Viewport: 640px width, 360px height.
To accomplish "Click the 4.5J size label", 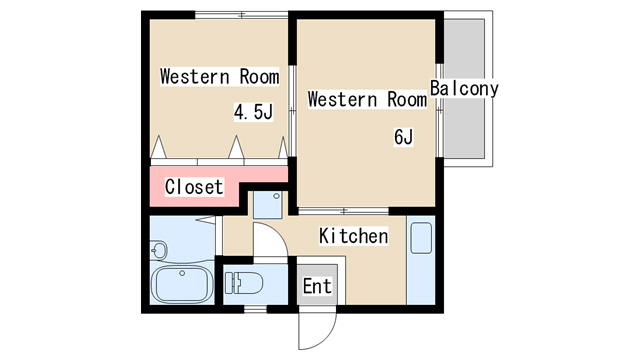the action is point(253,112).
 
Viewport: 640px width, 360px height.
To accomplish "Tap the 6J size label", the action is point(404,137).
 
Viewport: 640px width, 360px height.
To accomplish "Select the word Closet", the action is point(194,187).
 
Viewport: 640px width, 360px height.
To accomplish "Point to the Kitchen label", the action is point(353,236).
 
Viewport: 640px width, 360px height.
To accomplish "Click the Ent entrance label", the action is point(317,286).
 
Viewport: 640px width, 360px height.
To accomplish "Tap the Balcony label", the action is point(464,88).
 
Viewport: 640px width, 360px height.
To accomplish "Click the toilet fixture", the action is point(244,283).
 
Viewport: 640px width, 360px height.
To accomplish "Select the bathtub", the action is point(182,284).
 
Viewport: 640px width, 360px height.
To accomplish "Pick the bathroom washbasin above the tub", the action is point(159,250).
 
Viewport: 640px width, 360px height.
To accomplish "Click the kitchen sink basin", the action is point(421,238).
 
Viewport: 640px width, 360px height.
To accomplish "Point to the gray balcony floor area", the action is point(464,88).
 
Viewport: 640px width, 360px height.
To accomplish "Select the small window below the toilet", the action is point(255,309).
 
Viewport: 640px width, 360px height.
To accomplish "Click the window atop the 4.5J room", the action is point(242,15).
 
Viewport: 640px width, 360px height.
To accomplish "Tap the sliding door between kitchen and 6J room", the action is point(343,211).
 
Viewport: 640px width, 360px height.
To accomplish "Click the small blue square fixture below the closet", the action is point(268,205).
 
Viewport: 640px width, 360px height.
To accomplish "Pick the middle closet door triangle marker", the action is point(236,147).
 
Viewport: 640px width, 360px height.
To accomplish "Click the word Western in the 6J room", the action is point(342,100).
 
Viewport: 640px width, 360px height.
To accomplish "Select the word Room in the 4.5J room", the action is point(260,77).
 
